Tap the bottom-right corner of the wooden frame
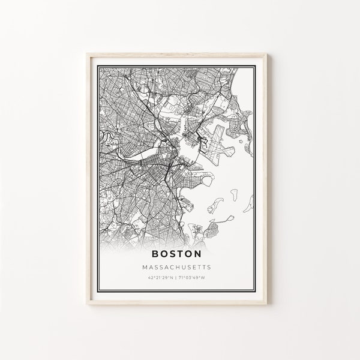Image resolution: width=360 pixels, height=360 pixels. pyautogui.click(x=267, y=304)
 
